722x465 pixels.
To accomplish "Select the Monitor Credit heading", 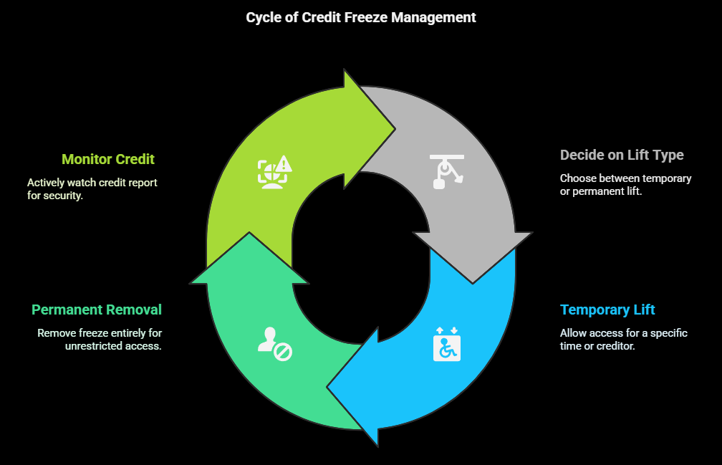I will (108, 159).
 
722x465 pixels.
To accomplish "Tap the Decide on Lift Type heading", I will (622, 155).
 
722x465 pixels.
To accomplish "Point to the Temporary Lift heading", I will (607, 310).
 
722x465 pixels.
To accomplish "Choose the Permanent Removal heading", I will (97, 310).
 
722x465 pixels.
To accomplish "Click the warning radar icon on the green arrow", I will (275, 172).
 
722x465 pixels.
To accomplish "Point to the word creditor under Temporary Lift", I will (614, 345).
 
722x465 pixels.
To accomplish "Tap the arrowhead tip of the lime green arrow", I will (395, 130).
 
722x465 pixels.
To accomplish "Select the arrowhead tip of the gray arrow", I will (473, 282).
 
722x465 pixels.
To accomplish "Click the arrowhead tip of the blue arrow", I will (328, 387).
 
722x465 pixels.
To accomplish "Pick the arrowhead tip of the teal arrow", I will (249, 234).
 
